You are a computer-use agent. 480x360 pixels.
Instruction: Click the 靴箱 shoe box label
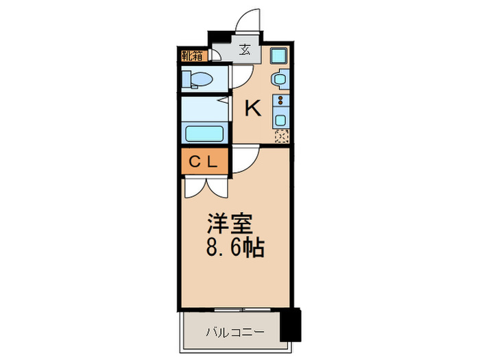[x=193, y=56]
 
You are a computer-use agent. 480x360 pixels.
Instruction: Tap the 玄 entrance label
[x=245, y=49]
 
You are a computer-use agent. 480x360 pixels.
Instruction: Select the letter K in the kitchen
[x=253, y=108]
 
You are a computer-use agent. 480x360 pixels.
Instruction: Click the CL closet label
[x=203, y=163]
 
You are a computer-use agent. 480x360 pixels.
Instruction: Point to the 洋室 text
[x=230, y=225]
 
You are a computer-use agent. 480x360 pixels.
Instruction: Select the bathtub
[x=204, y=132]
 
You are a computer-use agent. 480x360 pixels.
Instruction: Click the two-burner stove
[x=280, y=103]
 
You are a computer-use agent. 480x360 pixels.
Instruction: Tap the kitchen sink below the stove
[x=280, y=119]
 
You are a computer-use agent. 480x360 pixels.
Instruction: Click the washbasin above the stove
[x=280, y=80]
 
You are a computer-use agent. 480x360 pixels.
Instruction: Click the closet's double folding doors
[x=204, y=185]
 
